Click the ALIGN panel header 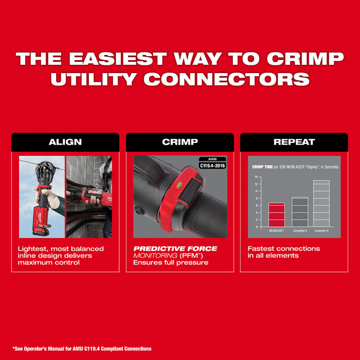click(65, 142)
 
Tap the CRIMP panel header click(180, 142)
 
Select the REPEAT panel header click(294, 142)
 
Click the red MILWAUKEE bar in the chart click(276, 214)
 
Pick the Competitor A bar click(300, 211)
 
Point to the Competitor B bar click(322, 203)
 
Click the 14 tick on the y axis click(256, 177)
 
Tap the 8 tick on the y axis click(256, 198)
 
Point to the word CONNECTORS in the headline click(226, 79)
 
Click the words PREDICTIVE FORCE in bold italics click(175, 249)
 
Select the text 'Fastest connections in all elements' click(283, 252)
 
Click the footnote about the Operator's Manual click(82, 349)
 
